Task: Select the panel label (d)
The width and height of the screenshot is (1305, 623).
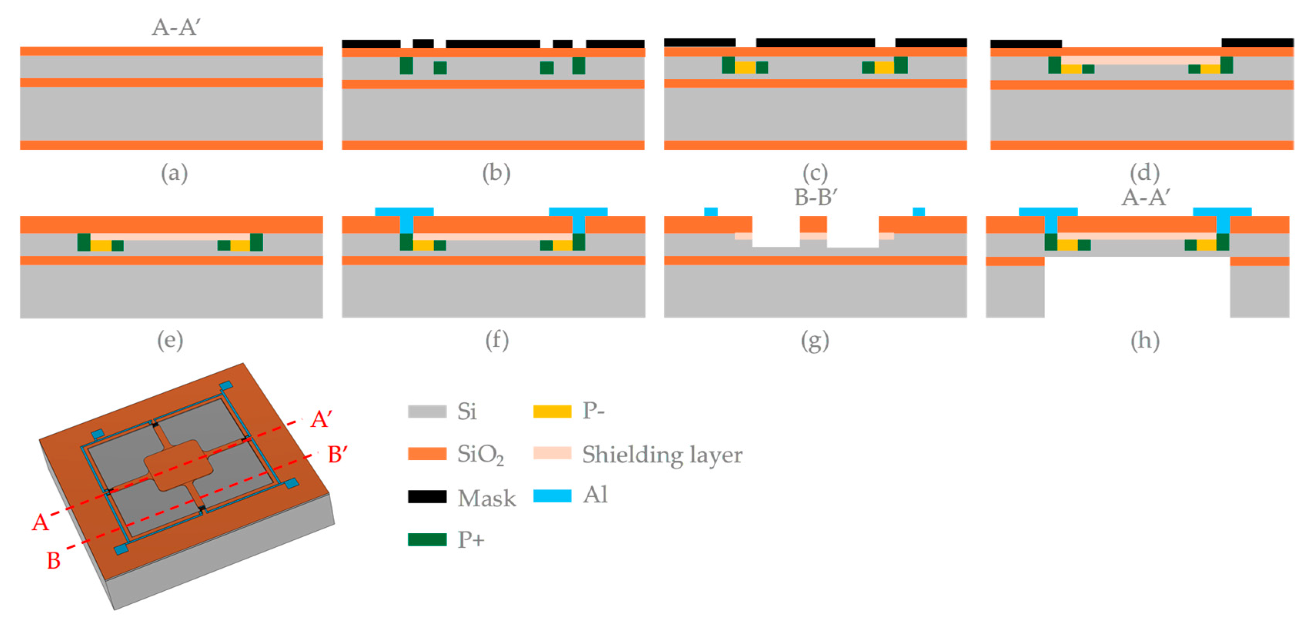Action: point(1144,173)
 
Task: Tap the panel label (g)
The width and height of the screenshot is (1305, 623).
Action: point(815,341)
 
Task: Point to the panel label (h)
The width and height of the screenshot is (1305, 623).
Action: point(1145,341)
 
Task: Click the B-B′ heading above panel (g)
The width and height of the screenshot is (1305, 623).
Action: point(816,197)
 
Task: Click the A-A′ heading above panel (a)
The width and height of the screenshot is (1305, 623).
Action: point(176,27)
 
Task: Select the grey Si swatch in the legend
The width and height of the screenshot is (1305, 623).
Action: point(427,411)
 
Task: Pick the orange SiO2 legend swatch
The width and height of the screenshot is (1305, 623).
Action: point(427,454)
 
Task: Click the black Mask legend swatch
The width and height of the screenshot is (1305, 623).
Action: point(427,497)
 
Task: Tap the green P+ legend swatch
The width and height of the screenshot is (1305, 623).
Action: point(427,539)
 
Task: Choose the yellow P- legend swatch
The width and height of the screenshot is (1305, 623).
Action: point(552,411)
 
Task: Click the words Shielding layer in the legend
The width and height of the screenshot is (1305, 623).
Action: point(662,454)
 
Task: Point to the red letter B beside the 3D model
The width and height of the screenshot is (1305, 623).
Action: point(53,561)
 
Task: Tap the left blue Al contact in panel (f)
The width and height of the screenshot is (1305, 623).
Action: point(405,215)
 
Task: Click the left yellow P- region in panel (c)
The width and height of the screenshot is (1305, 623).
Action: point(745,67)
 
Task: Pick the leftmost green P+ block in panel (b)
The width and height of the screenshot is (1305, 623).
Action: point(406,66)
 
